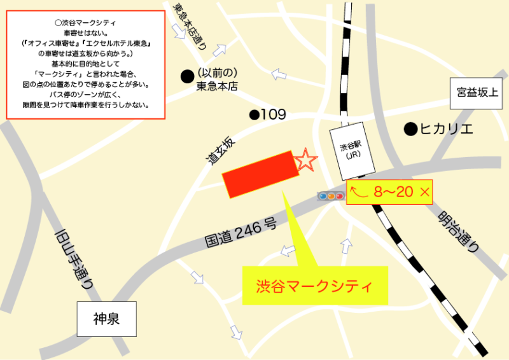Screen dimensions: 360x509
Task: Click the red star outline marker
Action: pos(306,160)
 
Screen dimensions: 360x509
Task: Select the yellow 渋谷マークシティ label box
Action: pos(314,285)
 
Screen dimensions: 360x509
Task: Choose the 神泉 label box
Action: pos(106,319)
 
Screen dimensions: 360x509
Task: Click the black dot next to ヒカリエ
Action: pos(410,129)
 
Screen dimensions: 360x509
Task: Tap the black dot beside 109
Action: pos(254,115)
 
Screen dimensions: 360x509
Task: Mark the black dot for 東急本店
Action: pos(187,76)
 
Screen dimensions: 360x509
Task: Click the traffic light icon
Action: pos(331,196)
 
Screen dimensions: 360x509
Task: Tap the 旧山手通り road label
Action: pos(74,249)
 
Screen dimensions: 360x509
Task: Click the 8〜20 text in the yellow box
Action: pos(394,191)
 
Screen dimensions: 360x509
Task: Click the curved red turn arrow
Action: pos(361,191)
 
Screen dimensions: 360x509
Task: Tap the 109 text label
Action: pos(273,115)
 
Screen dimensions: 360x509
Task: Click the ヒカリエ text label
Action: pos(447,129)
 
